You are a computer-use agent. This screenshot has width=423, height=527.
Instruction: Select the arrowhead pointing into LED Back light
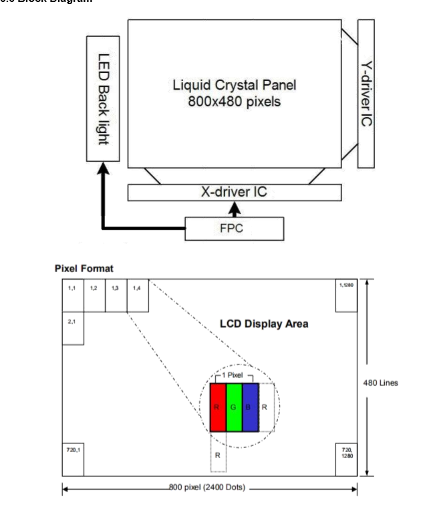tap(102, 171)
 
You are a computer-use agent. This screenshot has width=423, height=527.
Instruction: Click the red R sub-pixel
tap(218, 407)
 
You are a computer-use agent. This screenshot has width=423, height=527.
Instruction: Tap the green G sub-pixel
tap(234, 407)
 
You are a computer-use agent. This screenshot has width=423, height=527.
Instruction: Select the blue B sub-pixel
tap(250, 407)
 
